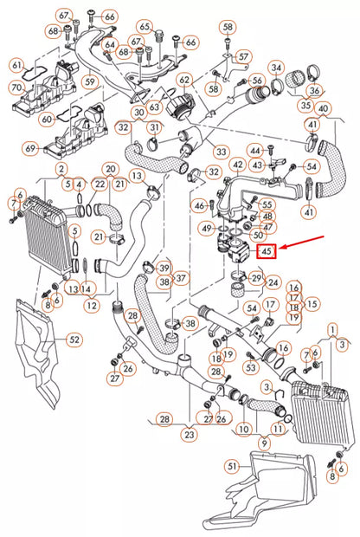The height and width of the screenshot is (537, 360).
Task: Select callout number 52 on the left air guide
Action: (x=74, y=340)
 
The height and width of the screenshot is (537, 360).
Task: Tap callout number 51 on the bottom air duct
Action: (x=231, y=467)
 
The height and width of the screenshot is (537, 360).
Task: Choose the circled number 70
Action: (x=16, y=87)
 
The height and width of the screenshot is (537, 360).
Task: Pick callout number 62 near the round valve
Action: (x=183, y=80)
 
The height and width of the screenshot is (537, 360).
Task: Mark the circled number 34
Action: (x=276, y=68)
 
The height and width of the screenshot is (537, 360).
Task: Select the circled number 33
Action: (x=222, y=152)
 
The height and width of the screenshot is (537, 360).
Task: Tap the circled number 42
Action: (x=235, y=164)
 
